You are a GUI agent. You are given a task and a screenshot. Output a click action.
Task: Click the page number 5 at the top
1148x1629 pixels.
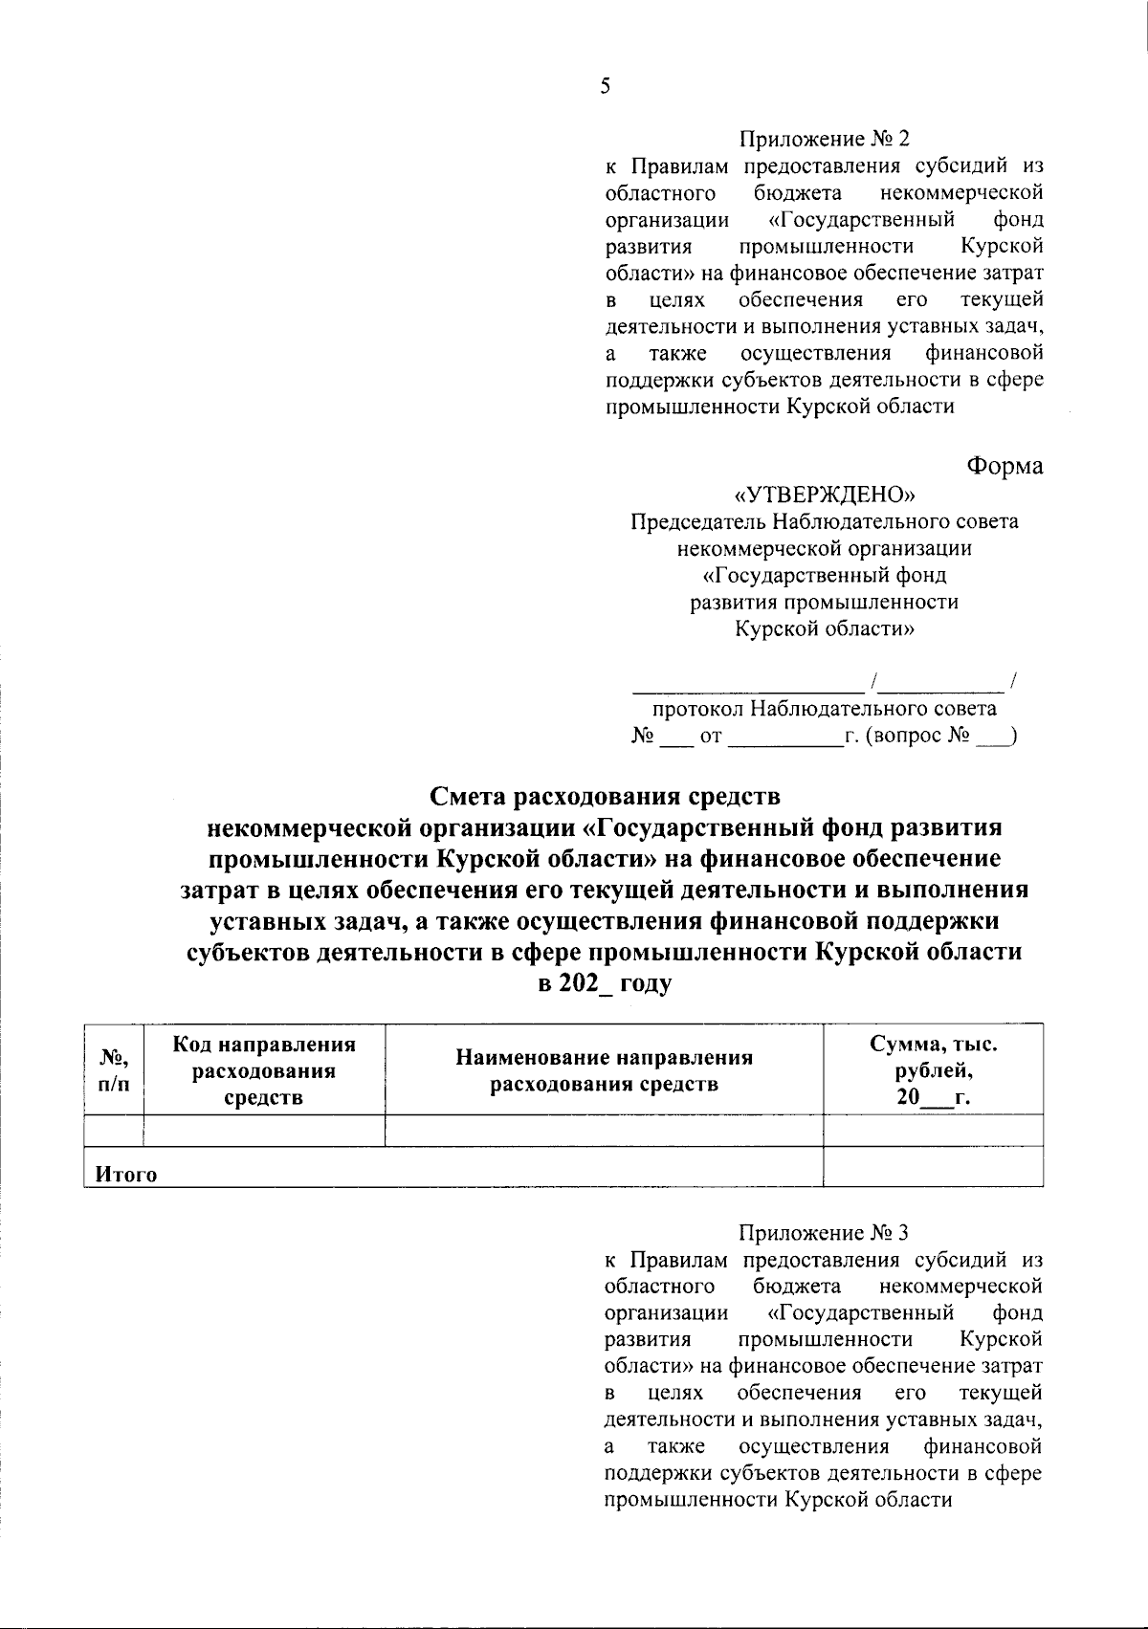point(604,87)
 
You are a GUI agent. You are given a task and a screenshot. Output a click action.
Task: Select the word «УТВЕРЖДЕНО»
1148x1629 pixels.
point(824,495)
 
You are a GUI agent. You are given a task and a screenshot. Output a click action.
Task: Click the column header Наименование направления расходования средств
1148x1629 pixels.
point(604,1070)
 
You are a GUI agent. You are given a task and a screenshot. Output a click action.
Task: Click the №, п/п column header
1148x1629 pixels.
point(114,1070)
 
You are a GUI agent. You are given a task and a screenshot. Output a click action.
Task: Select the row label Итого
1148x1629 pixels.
point(125,1175)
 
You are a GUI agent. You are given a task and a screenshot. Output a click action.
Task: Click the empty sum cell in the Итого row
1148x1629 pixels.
point(933,1167)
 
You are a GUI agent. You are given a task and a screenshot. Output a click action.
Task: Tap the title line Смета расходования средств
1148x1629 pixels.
point(604,796)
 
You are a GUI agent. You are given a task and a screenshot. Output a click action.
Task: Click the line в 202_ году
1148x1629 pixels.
point(604,982)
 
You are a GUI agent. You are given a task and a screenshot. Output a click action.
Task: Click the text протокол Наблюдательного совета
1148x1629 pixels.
point(824,709)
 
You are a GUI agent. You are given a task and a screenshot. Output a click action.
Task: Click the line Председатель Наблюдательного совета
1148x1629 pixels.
point(824,522)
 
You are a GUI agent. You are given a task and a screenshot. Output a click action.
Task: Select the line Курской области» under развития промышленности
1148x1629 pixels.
point(824,629)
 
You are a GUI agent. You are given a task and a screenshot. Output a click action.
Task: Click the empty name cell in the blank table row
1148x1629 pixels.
point(604,1131)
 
